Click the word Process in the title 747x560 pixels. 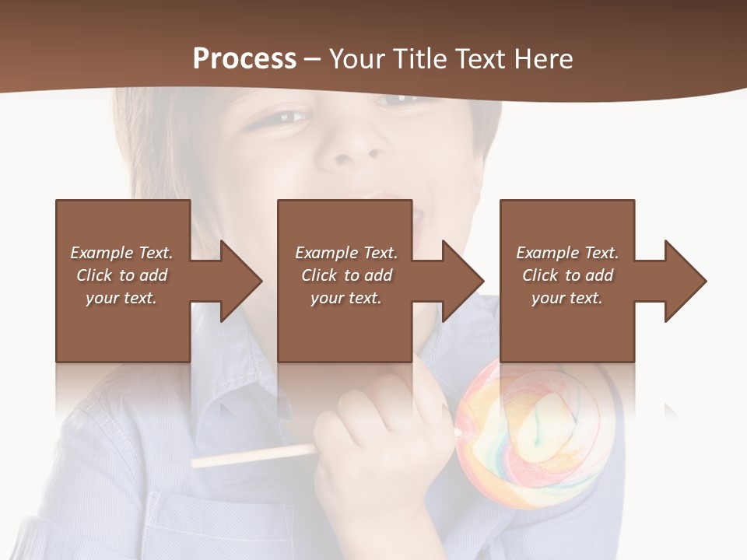click(x=244, y=59)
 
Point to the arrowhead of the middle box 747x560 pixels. click(x=461, y=281)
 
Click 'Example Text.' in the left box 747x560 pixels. click(x=121, y=253)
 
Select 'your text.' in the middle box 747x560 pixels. click(x=345, y=298)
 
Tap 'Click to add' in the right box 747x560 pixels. click(x=567, y=275)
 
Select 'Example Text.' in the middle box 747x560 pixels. click(x=345, y=253)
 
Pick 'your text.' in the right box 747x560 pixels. click(x=566, y=298)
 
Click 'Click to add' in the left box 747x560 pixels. click(x=121, y=275)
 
